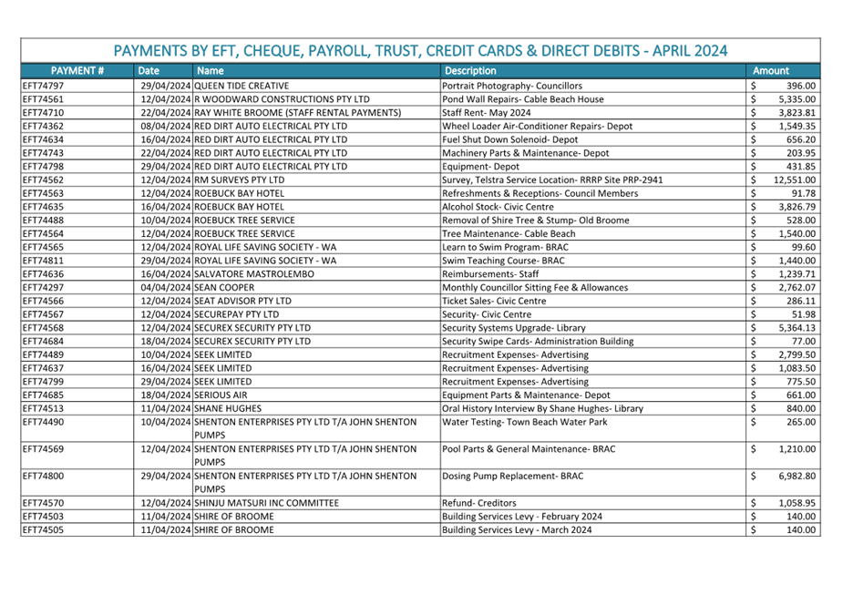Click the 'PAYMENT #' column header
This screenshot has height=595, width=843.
coord(77,70)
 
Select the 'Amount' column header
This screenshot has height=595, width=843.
coord(770,70)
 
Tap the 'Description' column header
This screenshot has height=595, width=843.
coord(470,70)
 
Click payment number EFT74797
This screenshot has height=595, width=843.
coord(43,85)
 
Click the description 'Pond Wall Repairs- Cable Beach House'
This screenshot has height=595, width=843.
coord(522,98)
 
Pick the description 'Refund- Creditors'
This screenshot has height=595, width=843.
coord(478,502)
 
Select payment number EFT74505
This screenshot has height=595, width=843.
coord(43,529)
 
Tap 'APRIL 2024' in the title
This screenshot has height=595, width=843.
coord(679,50)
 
